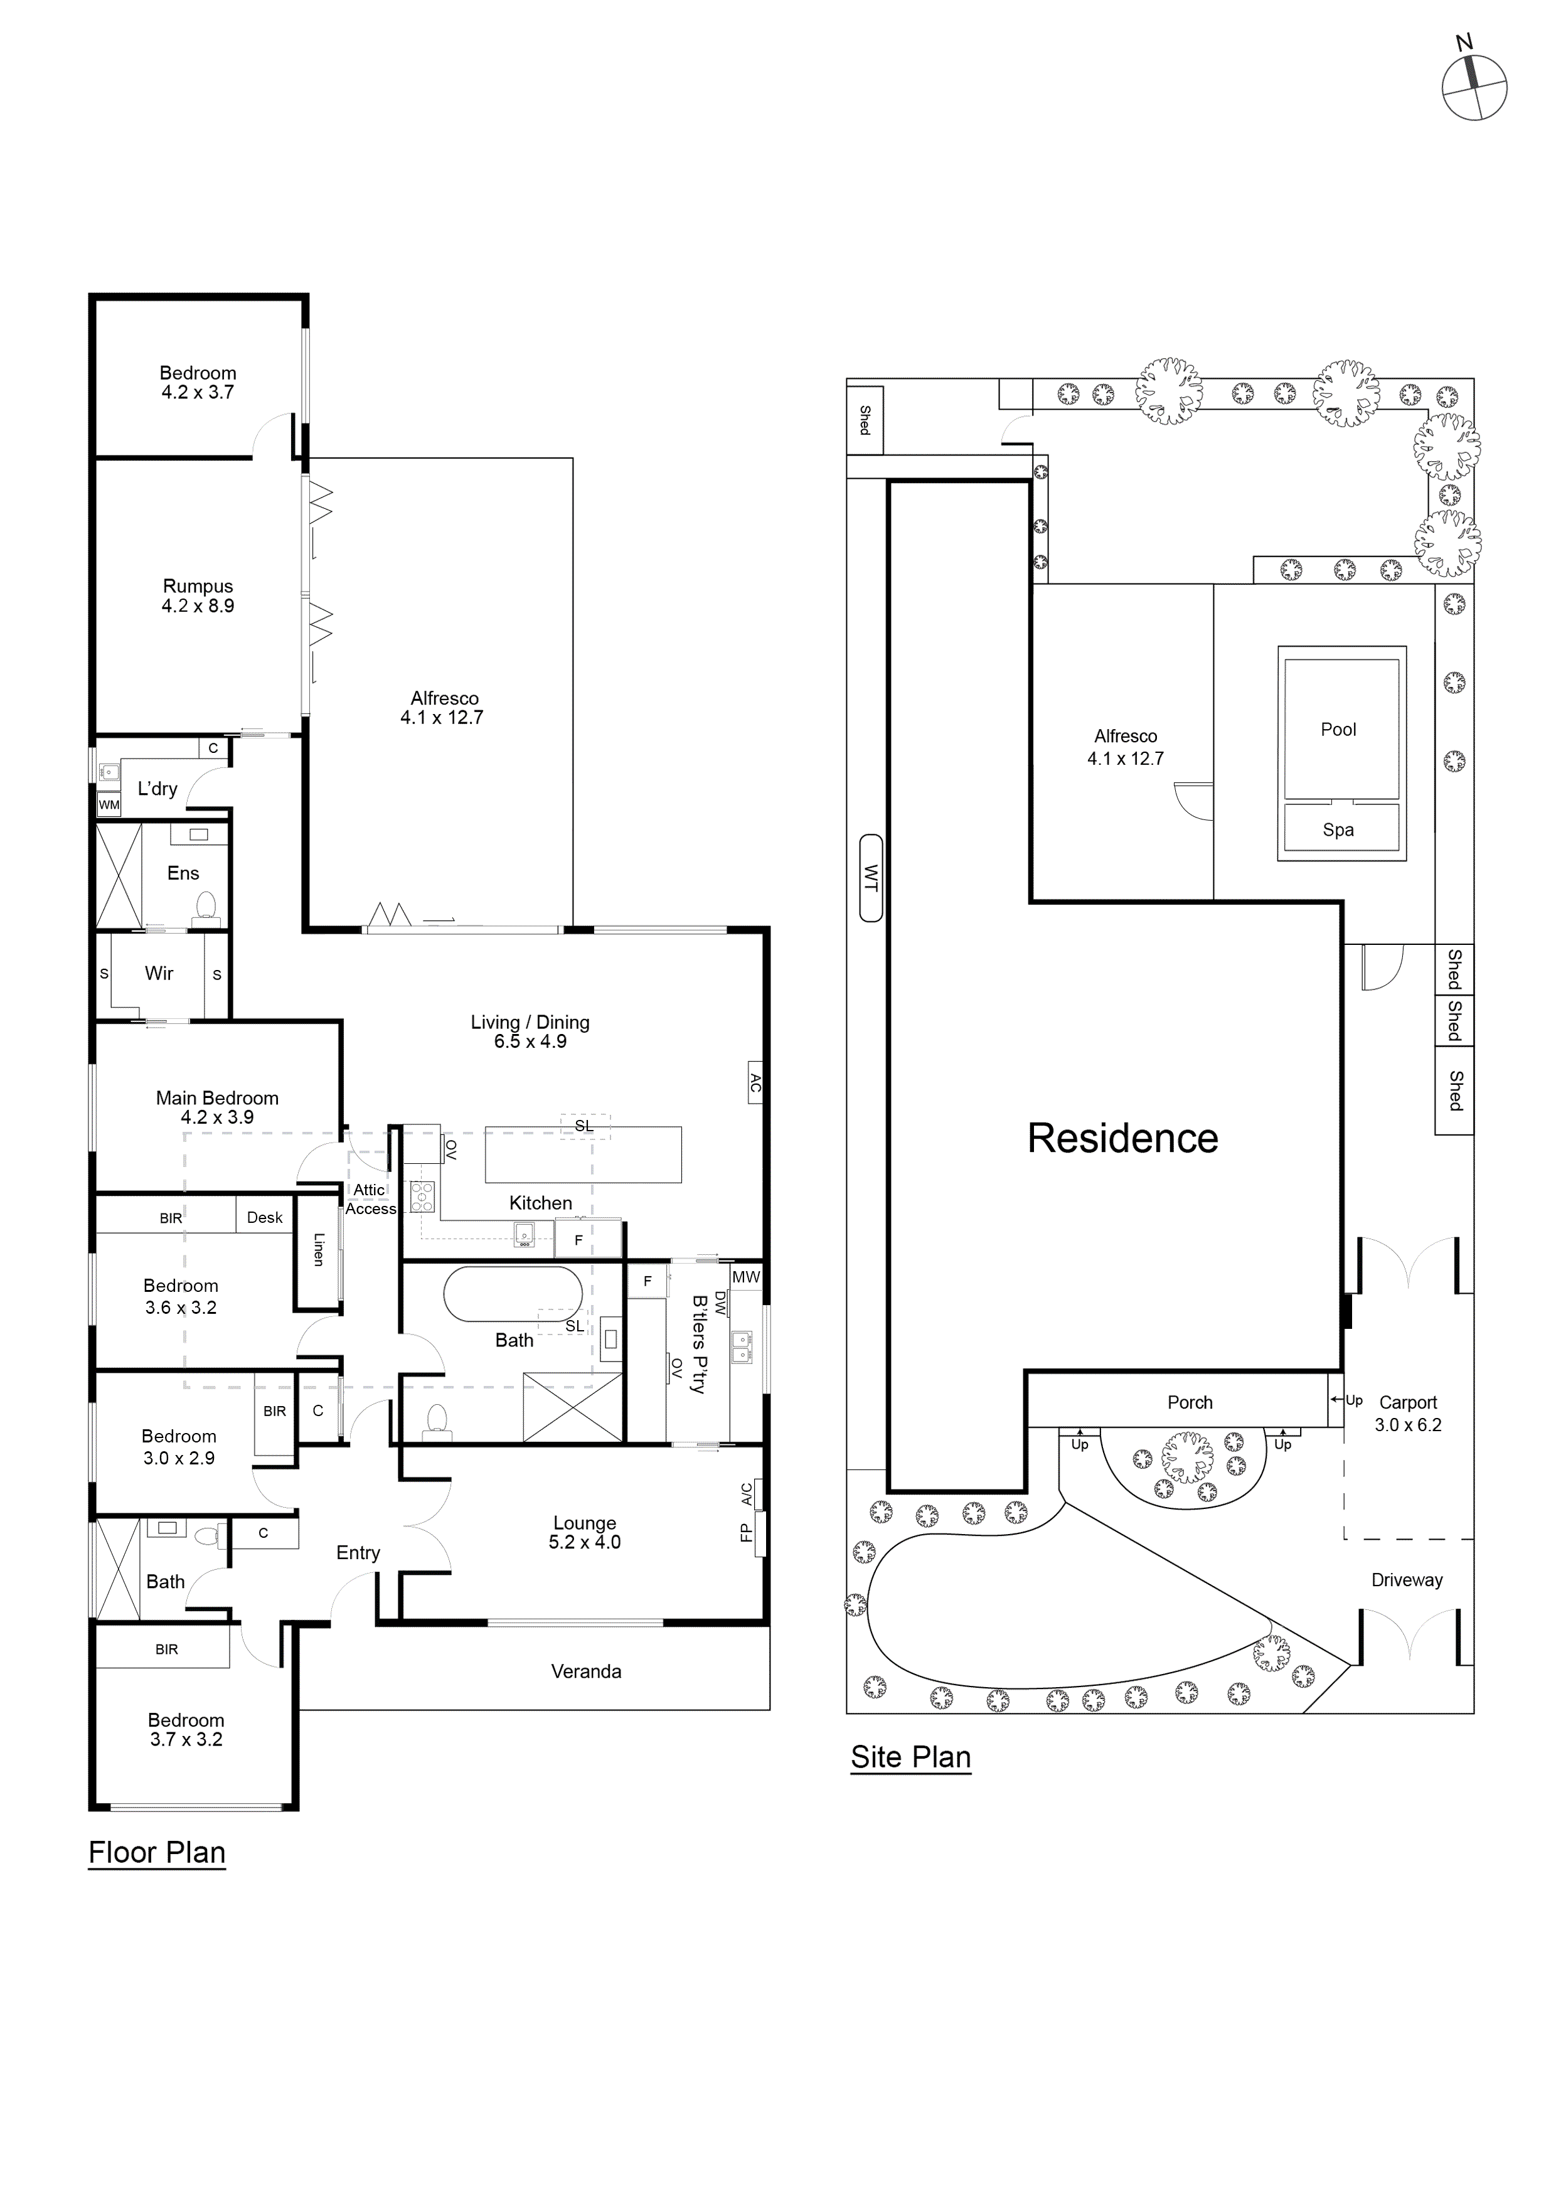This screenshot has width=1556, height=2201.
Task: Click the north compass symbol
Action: (x=1474, y=87)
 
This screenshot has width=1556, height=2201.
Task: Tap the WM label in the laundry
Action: (x=109, y=804)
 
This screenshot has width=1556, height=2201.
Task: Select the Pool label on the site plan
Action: (x=1338, y=730)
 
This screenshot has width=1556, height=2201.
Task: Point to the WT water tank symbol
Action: (x=870, y=877)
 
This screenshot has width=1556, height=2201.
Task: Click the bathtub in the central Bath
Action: (x=513, y=1294)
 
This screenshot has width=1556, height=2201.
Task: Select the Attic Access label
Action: (x=370, y=1199)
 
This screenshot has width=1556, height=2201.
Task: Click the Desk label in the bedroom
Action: (x=265, y=1217)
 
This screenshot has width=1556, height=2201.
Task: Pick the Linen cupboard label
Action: (x=318, y=1249)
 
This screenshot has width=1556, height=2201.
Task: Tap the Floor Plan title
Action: (x=157, y=1852)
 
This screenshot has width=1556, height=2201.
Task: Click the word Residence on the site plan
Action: (x=1122, y=1138)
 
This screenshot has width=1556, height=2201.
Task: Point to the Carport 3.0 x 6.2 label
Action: (x=1407, y=1413)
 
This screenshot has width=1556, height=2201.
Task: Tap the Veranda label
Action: (x=586, y=1671)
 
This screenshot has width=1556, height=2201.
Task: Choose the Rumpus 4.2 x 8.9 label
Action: (x=198, y=595)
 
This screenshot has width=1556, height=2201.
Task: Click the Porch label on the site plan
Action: (x=1190, y=1402)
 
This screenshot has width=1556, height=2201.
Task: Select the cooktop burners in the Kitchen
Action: (x=422, y=1196)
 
